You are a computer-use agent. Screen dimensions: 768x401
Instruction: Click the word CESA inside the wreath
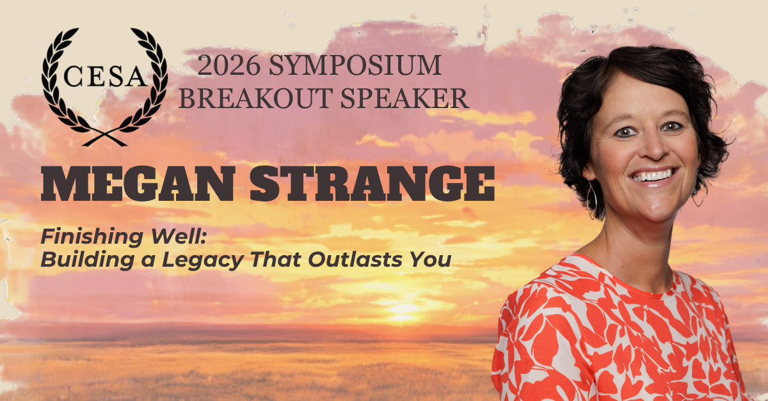pos(104,76)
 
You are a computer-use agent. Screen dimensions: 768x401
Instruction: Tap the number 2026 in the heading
pos(228,65)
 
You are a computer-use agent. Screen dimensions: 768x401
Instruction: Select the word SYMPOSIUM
pos(355,65)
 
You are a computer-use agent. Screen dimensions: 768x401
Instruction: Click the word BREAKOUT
pos(256,98)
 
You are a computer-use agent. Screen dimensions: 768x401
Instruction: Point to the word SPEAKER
pos(404,98)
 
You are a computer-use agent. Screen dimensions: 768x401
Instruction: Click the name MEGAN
pos(138,184)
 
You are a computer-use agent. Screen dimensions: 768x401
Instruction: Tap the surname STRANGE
pos(372,184)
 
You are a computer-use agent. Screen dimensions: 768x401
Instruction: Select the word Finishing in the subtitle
pos(92,237)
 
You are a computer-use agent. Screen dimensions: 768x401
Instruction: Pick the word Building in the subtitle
pos(88,260)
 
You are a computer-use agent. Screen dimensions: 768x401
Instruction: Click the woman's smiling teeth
pos(653,175)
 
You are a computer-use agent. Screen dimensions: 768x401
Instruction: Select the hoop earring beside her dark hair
pos(591,199)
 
